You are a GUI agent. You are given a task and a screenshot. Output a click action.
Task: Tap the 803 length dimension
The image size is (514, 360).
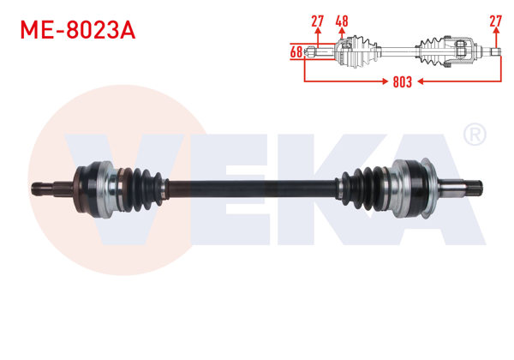click(403, 82)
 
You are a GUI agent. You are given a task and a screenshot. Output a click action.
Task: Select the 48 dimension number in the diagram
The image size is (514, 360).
click(341, 20)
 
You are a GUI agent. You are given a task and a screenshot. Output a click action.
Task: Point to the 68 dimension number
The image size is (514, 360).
click(296, 53)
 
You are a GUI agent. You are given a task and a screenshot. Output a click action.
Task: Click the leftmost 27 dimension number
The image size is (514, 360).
click(317, 20)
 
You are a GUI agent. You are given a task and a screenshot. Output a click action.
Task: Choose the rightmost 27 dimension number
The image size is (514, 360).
click(495, 20)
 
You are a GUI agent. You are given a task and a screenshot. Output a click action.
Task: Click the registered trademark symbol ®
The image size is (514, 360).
click(473, 135)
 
